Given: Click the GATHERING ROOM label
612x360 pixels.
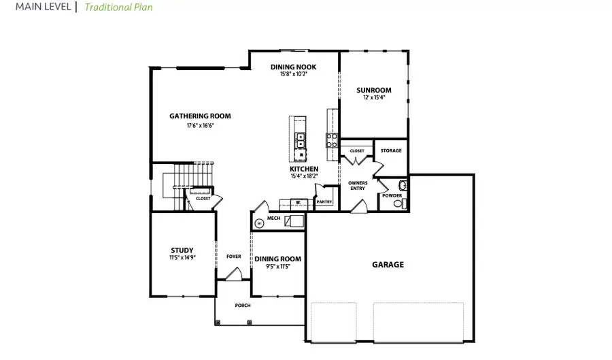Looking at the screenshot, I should [x=200, y=116].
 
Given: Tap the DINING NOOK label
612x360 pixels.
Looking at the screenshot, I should [x=293, y=67].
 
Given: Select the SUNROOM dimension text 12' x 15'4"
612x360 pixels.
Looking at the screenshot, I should [x=374, y=98].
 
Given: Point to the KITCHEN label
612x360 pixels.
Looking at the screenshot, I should [x=304, y=169].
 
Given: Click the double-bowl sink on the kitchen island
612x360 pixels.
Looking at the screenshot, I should [x=299, y=140].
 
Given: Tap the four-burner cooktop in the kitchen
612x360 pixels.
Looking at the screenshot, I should [x=333, y=140].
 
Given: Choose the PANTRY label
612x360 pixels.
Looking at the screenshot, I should [x=324, y=201].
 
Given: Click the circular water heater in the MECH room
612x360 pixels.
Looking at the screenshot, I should [x=259, y=223].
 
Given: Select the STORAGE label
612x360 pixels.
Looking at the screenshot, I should [x=391, y=150].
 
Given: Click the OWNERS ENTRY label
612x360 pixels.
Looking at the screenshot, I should [x=358, y=185].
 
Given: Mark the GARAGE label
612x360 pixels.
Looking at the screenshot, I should [x=388, y=264].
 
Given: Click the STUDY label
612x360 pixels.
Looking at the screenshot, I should [x=182, y=250].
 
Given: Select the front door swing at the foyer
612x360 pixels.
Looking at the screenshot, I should [x=233, y=274].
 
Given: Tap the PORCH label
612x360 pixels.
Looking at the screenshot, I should [x=243, y=306].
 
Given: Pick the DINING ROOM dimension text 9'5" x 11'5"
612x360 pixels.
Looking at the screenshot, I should [x=277, y=266].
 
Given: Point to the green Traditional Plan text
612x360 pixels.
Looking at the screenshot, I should [x=118, y=7].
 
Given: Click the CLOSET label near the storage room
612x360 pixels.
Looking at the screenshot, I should [x=357, y=150].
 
